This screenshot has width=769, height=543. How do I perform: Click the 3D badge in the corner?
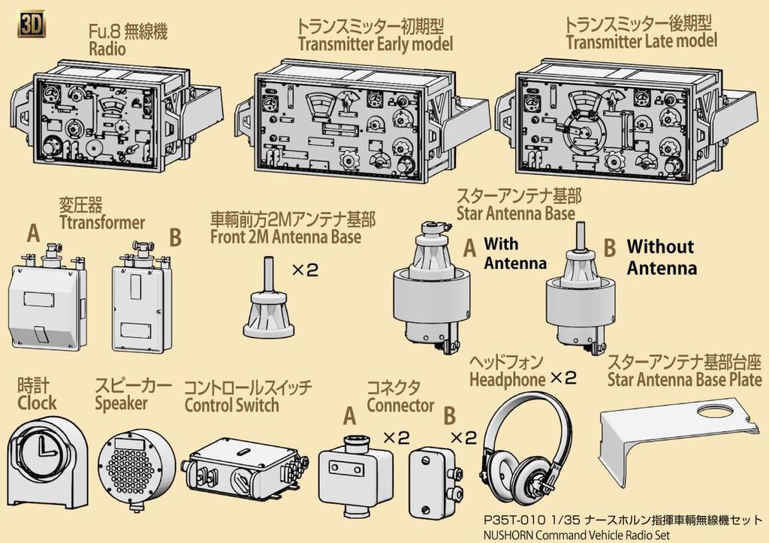(29, 25)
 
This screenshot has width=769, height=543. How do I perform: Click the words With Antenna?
(514, 253)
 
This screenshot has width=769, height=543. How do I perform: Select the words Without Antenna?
(660, 257)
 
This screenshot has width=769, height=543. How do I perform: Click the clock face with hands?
(44, 454)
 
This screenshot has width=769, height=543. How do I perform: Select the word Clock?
(38, 403)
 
